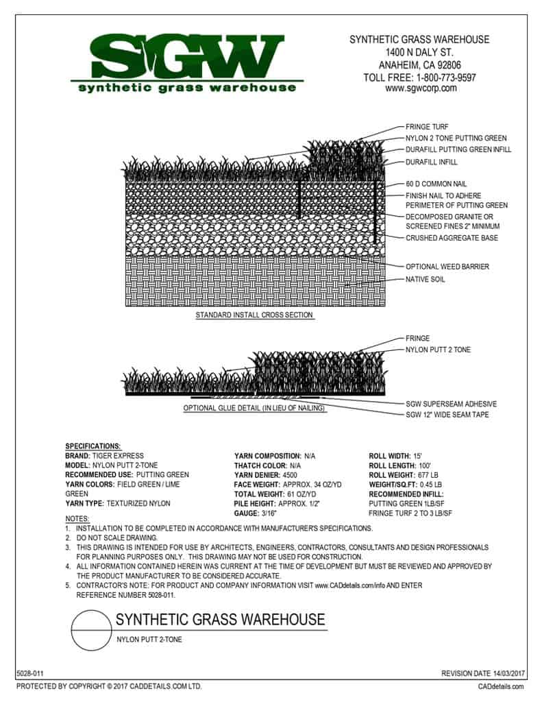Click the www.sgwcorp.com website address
421,88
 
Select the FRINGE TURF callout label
428,127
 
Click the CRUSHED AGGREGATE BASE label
452,238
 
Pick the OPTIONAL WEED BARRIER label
447,267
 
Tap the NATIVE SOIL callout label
426,279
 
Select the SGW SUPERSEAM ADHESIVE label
451,404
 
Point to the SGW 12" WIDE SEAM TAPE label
447,415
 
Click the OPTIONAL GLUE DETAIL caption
254,409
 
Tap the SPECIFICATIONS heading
93,446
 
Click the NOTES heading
76,518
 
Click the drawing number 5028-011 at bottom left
29,675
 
